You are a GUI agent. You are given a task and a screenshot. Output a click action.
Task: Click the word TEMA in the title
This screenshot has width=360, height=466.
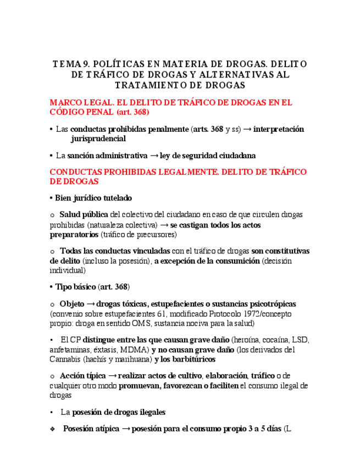66,64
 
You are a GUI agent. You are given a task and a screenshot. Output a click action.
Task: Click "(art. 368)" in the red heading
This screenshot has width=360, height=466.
132,112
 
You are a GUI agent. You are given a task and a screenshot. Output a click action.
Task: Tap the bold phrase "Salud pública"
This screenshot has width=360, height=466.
84,214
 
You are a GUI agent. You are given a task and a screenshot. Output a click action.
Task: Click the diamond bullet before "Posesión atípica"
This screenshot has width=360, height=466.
52,429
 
